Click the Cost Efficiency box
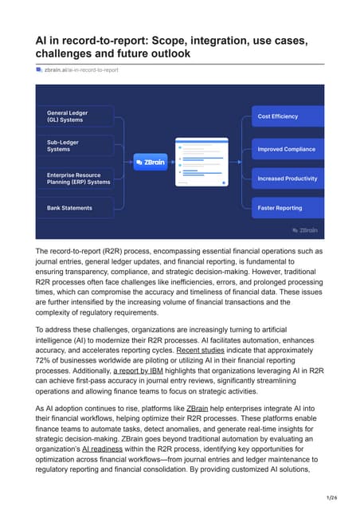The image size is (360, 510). pos(288,116)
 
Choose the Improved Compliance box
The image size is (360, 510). pos(288,149)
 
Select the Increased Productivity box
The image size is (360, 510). pos(288,178)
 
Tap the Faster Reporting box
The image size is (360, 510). pos(288,208)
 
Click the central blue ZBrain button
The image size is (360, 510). pos(149,162)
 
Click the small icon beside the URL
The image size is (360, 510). pos(39,70)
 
